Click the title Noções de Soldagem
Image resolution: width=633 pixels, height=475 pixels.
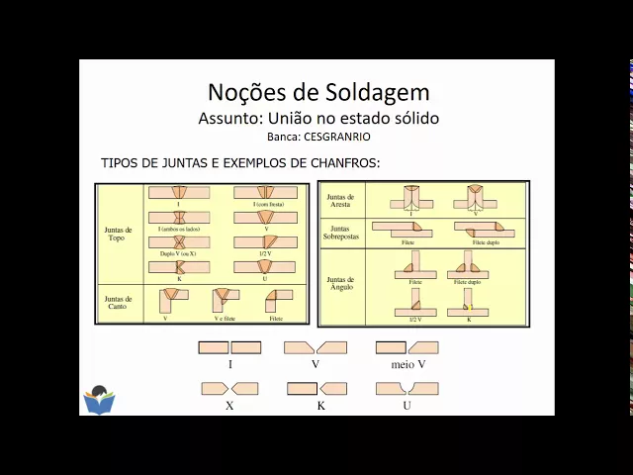click(318, 92)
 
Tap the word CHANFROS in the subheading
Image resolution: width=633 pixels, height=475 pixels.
click(346, 162)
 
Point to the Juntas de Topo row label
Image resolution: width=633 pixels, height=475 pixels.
click(118, 234)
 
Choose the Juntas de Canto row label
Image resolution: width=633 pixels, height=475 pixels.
click(118, 301)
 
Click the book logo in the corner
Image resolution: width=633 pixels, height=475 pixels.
click(99, 399)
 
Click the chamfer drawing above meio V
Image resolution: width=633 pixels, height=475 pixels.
click(407, 347)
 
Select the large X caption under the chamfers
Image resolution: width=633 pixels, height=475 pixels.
click(229, 405)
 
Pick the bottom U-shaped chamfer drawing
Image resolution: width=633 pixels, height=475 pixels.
click(407, 389)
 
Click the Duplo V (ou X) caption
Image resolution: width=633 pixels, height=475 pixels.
click(179, 252)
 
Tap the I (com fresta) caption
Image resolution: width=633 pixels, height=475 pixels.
click(264, 204)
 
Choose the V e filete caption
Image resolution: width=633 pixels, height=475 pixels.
click(226, 320)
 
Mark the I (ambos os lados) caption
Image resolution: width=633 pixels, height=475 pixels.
click(179, 228)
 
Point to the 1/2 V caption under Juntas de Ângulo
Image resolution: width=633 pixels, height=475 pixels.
click(414, 320)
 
